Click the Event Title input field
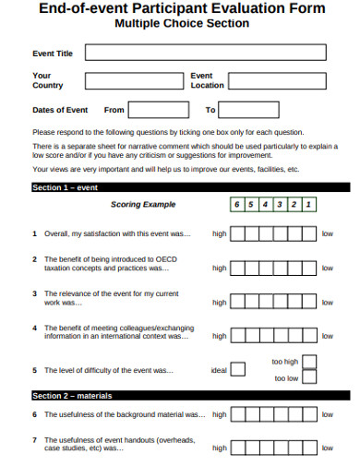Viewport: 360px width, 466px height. click(205, 53)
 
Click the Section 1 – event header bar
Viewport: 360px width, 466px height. click(185, 187)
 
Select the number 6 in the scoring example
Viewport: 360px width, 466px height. click(237, 205)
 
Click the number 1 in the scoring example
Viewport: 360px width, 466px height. click(307, 205)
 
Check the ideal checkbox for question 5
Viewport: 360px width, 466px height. click(238, 370)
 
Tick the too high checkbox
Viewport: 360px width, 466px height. click(309, 362)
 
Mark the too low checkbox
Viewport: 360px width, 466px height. click(309, 378)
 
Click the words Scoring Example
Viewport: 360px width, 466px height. click(143, 205)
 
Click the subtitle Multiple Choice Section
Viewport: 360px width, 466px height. click(181, 23)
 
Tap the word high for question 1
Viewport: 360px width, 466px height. click(219, 234)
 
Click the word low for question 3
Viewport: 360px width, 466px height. click(327, 302)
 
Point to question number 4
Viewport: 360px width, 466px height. click(35, 328)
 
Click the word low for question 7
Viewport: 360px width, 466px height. click(327, 448)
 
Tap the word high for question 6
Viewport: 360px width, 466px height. click(219, 414)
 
